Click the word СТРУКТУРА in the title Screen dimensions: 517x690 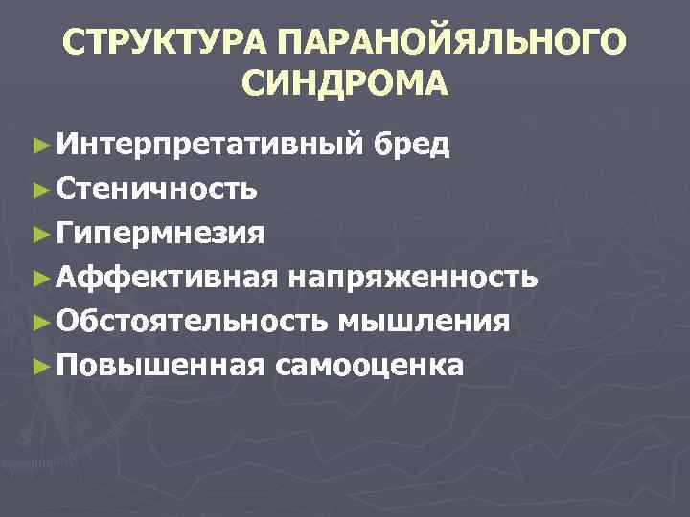164,43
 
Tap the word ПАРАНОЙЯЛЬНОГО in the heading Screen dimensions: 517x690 454,43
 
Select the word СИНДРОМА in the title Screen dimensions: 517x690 344,85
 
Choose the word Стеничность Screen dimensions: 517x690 156,190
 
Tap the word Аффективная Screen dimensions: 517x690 168,277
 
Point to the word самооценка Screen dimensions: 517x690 371,365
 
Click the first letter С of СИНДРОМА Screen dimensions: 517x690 253,85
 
